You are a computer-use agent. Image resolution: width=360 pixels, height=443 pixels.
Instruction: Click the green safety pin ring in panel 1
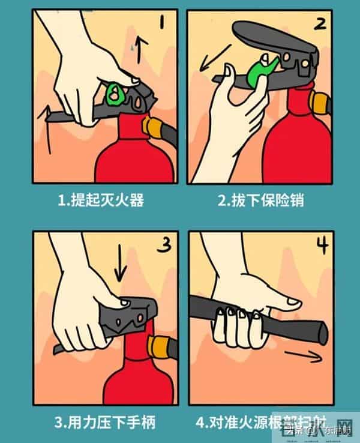coord(114,93)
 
